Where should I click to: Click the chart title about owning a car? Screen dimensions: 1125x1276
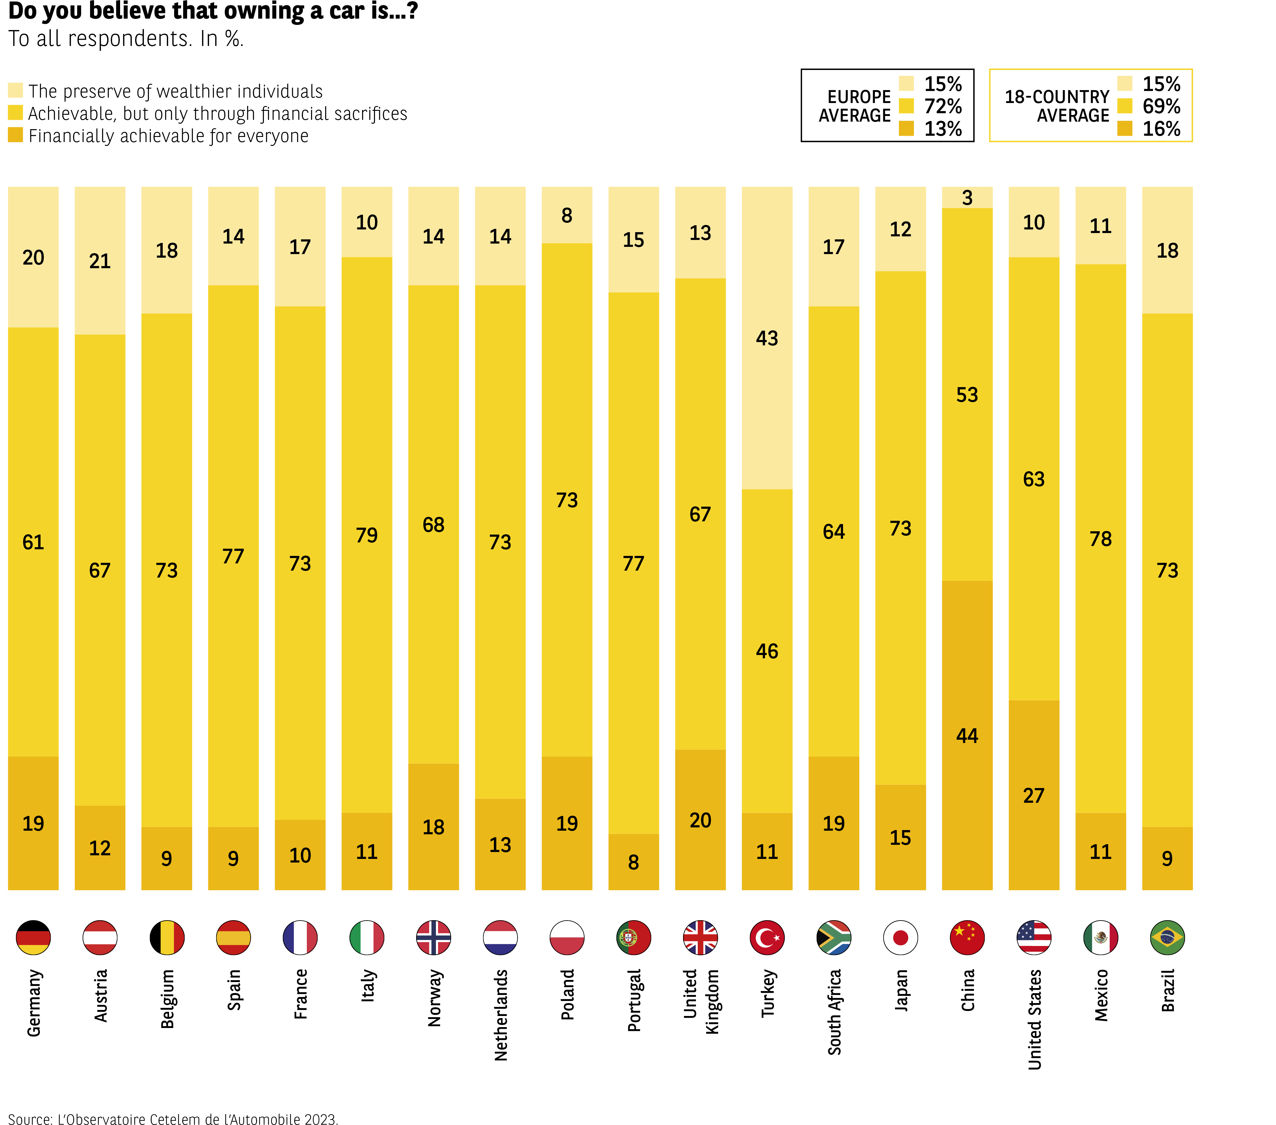point(212,11)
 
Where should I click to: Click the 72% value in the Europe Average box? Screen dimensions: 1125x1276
point(943,106)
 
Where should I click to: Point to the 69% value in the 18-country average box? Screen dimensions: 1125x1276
point(1161,106)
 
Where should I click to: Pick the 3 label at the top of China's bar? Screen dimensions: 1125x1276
point(967,198)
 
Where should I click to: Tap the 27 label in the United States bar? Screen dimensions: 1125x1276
point(1034,795)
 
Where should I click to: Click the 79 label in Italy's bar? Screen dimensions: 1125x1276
point(367,535)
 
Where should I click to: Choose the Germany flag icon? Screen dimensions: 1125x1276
point(33,937)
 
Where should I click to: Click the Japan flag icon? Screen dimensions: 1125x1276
point(900,937)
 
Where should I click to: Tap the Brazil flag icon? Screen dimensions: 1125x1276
point(1167,937)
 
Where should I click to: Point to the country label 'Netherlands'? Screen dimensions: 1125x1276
point(501,1014)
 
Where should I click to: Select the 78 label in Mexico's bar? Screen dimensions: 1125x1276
point(1101,539)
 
